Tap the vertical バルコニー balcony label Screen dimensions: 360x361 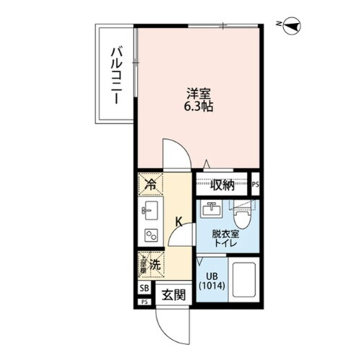pyautogui.click(x=115, y=75)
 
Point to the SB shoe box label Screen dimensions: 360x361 pyautogui.click(x=144, y=289)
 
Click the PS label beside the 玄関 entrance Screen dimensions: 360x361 pyautogui.click(x=144, y=301)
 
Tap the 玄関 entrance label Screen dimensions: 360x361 pyautogui.click(x=170, y=295)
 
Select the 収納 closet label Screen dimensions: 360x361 pyautogui.click(x=221, y=185)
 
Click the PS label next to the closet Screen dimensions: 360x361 pyautogui.click(x=256, y=185)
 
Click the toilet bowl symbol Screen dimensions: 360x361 pyautogui.click(x=243, y=211)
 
